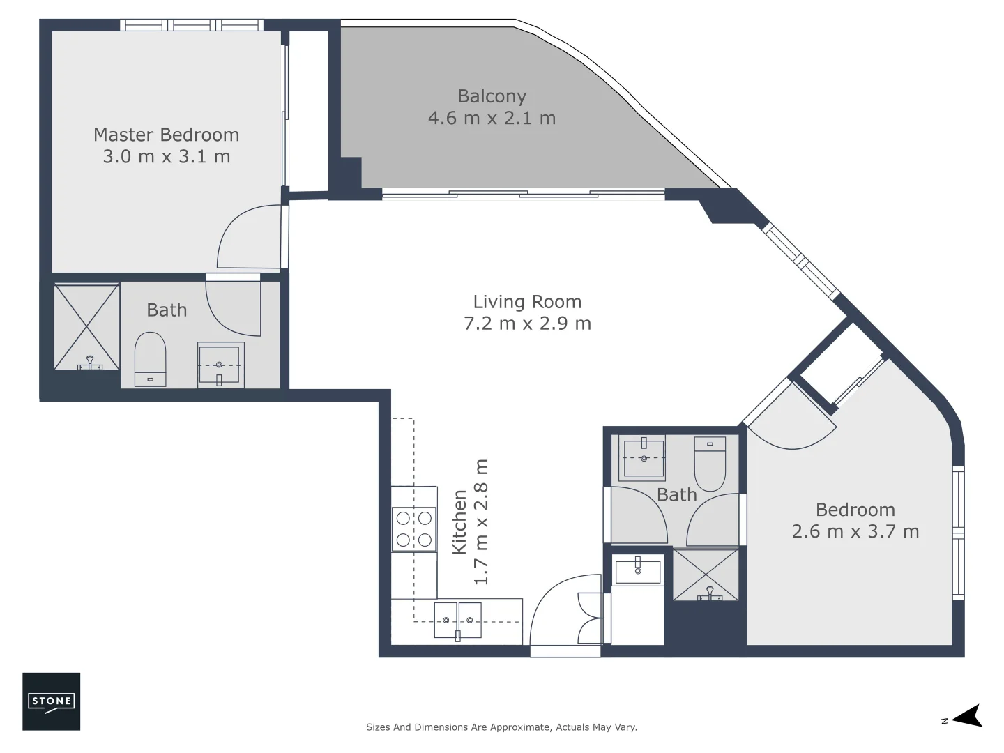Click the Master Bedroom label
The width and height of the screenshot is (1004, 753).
coord(166,135)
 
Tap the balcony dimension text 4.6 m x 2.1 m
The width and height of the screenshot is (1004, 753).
coord(492,118)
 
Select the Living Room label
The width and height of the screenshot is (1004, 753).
coord(527,302)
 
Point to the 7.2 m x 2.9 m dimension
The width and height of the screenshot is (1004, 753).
coord(527,324)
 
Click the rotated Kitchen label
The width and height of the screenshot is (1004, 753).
coord(459,522)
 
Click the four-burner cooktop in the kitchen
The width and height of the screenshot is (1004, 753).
coord(413,528)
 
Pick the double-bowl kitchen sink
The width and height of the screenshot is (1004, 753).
coord(457,620)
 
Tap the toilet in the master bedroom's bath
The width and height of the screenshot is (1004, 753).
coord(150,358)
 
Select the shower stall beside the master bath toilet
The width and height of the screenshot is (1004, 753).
coord(86,327)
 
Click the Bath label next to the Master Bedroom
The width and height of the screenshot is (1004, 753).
coord(167,310)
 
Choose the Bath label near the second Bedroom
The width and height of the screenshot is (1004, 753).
coord(676,495)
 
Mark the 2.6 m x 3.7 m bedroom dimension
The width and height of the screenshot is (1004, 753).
coord(855,531)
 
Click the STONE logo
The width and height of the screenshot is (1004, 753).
coord(52,701)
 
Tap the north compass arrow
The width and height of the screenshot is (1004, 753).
coord(966,716)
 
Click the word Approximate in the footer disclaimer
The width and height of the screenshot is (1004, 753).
coord(517,727)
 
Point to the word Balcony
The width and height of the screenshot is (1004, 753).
coord(492,96)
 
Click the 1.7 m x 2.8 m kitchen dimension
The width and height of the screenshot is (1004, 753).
coord(481,522)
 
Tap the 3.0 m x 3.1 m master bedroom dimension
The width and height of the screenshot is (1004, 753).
coord(166,156)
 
